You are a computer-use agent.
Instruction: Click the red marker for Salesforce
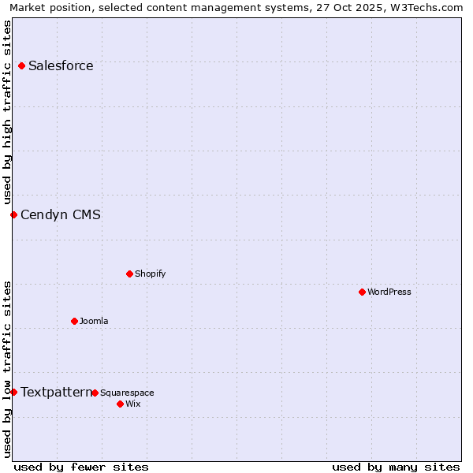[x=21, y=65]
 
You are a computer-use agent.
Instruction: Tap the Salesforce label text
[x=61, y=65]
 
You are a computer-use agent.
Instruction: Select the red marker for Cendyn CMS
[x=13, y=214]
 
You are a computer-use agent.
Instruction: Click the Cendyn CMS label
[x=61, y=214]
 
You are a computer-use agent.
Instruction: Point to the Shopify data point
[x=129, y=274]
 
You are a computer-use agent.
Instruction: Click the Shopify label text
[x=150, y=274]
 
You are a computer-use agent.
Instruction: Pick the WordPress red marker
[x=362, y=292]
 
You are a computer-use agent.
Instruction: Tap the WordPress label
[x=389, y=292]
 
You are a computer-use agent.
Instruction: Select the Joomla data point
[x=74, y=321]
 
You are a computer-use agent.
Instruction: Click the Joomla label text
[x=94, y=321]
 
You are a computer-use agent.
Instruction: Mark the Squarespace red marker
[x=95, y=393]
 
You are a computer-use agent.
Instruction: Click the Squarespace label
[x=127, y=393]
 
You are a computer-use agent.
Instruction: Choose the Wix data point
[x=120, y=404]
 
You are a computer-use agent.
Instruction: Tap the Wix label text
[x=132, y=404]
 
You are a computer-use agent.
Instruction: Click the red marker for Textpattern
[x=13, y=392]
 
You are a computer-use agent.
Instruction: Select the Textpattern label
[x=56, y=392]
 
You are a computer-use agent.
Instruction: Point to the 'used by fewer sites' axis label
[x=81, y=467]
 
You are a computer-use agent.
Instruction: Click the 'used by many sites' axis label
[x=396, y=467]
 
